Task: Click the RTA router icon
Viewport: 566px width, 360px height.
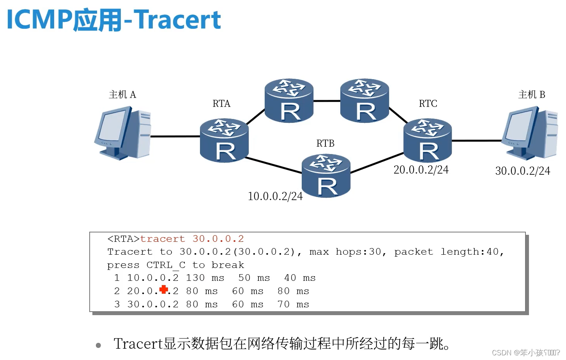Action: (224, 141)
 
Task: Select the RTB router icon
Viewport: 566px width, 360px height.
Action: (326, 176)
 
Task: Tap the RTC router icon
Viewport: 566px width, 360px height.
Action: (428, 141)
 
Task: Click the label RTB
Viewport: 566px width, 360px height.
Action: (325, 144)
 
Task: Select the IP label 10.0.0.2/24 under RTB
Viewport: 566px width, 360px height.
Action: (275, 196)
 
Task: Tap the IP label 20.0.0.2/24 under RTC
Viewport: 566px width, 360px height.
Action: (421, 170)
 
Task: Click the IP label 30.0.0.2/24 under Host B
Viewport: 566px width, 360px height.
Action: (522, 171)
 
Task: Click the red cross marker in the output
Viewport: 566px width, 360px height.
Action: (164, 289)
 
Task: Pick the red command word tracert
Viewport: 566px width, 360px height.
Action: (162, 239)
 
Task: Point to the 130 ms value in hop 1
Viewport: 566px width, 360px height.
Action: (205, 278)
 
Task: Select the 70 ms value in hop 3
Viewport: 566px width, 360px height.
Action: (293, 304)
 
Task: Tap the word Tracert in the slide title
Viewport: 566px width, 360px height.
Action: (178, 20)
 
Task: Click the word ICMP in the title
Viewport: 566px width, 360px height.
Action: (39, 20)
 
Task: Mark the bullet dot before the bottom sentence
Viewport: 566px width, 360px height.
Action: (98, 345)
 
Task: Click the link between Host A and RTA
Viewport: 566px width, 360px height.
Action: (175, 137)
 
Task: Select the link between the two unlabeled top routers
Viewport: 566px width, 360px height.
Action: (327, 101)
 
